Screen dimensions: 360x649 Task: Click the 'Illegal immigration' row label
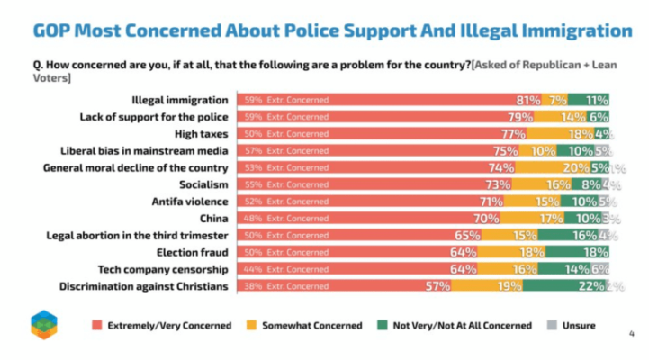point(180,99)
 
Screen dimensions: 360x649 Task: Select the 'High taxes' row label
point(203,133)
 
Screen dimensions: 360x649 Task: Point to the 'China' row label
point(215,218)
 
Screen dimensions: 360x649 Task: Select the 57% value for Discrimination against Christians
point(437,286)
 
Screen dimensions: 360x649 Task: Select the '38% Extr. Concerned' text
point(284,286)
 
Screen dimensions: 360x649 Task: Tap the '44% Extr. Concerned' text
point(284,269)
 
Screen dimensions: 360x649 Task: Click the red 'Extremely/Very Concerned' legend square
point(96,326)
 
